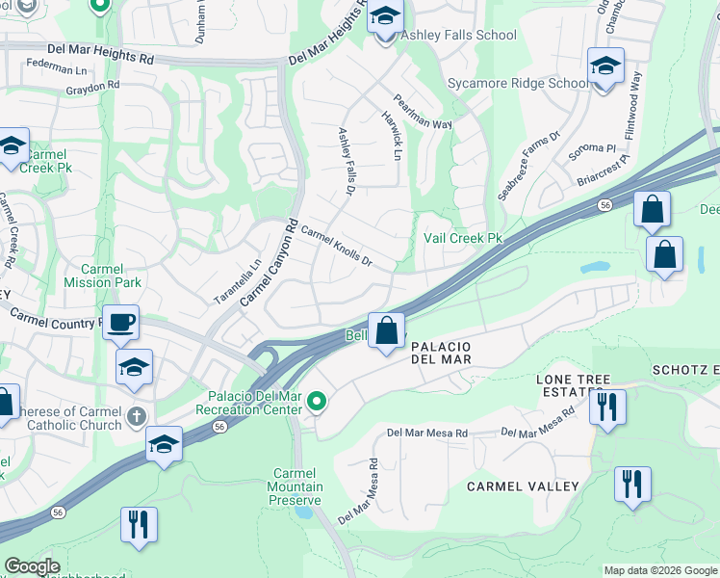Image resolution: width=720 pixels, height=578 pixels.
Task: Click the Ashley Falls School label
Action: tap(458, 36)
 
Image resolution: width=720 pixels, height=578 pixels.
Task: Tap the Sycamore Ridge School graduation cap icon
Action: tap(605, 66)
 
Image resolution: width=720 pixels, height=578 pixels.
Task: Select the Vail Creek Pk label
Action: tap(464, 238)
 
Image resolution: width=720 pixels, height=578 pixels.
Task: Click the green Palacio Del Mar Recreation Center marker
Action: tap(316, 401)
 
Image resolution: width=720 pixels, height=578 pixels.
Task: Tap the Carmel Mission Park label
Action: tap(102, 276)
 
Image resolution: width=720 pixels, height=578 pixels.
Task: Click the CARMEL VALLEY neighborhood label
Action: tap(523, 486)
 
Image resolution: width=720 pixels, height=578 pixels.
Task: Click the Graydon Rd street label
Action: tap(92, 85)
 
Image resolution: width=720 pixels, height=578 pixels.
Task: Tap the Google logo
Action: tap(32, 566)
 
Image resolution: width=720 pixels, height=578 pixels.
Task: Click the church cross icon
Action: tap(137, 416)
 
